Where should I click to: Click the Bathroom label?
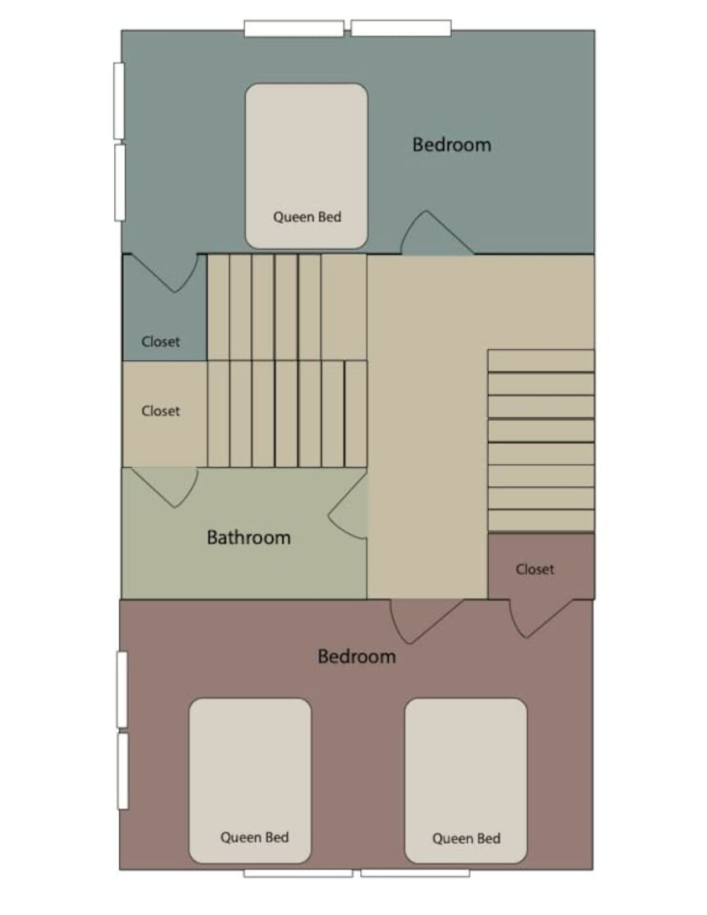pos(249,538)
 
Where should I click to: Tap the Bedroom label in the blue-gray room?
pos(452,145)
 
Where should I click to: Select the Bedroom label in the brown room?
pos(356,656)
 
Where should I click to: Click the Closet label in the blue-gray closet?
pos(160,341)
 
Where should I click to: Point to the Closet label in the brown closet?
pos(535,569)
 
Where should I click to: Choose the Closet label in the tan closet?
pos(160,411)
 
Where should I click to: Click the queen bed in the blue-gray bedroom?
pos(307,166)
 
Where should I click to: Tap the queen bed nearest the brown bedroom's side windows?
pos(250,781)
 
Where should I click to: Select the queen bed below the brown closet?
pos(466,781)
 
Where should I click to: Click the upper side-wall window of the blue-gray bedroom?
pos(119,101)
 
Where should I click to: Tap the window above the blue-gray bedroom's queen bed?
pos(294,29)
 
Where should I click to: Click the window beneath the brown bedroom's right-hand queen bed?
pos(415,873)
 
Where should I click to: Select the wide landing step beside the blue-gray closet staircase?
pos(344,307)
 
